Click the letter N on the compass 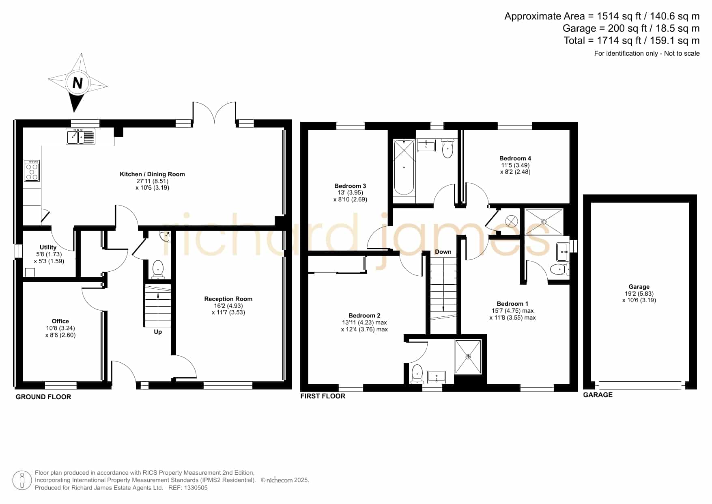(x=77, y=83)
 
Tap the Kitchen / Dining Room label (x=152, y=174)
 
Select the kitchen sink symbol (x=81, y=136)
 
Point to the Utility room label (x=48, y=247)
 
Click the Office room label (x=60, y=321)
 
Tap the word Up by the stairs (x=158, y=332)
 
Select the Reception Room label (x=228, y=299)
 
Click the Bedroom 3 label (x=350, y=186)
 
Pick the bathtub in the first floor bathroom (x=404, y=167)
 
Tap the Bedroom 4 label (x=515, y=158)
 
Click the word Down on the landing (x=443, y=252)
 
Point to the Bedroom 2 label (x=364, y=316)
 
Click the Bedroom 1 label (x=512, y=304)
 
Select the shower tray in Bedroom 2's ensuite (x=468, y=357)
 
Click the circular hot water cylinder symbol (x=512, y=221)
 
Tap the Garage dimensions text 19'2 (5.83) (x=639, y=294)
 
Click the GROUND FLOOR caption (x=43, y=397)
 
